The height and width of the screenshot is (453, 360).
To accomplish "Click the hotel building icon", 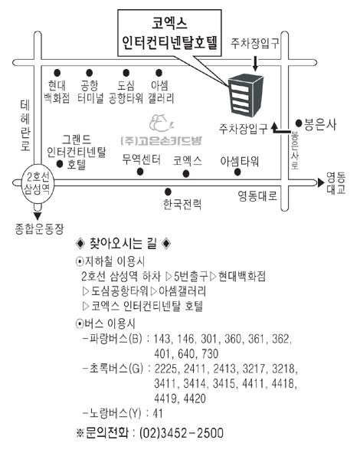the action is click(246, 94).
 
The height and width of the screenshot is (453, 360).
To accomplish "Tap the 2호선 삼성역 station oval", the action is click(37, 184).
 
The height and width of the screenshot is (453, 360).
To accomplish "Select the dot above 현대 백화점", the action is click(57, 73).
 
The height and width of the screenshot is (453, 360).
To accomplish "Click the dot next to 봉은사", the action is click(299, 123).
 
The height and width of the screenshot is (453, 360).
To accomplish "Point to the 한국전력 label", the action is click(182, 204).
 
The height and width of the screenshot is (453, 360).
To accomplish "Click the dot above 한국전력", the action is click(168, 192).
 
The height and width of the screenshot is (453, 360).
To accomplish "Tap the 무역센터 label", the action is click(141, 159).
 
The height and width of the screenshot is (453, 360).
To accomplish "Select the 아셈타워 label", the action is click(239, 161).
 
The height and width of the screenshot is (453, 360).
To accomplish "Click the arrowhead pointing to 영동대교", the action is click(321, 182).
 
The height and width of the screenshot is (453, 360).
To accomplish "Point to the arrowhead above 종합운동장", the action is click(38, 216).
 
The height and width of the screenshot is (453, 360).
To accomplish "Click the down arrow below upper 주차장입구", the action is click(255, 64).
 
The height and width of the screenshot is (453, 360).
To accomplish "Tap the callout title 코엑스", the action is click(169, 23).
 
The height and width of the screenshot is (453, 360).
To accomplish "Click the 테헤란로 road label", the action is click(25, 126).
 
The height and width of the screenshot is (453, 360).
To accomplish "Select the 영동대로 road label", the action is click(257, 195).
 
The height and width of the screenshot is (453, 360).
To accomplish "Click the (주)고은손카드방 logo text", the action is click(162, 141).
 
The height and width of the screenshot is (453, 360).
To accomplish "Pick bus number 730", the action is click(210, 353).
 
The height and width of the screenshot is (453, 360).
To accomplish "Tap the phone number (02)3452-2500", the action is click(182, 433).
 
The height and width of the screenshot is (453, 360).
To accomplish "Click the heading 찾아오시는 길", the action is click(123, 244).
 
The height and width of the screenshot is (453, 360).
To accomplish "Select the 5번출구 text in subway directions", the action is click(191, 276).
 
